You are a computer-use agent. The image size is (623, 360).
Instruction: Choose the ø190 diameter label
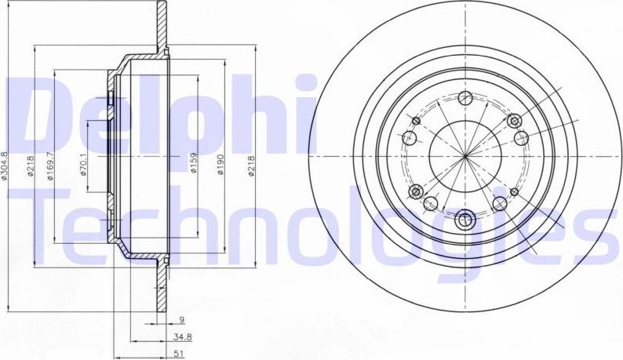coord(222,162)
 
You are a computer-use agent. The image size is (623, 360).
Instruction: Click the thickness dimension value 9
coord(180,320)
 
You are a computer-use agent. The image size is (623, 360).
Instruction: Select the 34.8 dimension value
coord(183,336)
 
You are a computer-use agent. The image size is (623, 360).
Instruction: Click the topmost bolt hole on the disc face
coord(465,98)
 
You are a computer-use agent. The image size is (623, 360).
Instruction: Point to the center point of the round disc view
coord(465,157)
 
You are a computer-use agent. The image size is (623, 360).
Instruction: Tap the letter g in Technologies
coord(493,235)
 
